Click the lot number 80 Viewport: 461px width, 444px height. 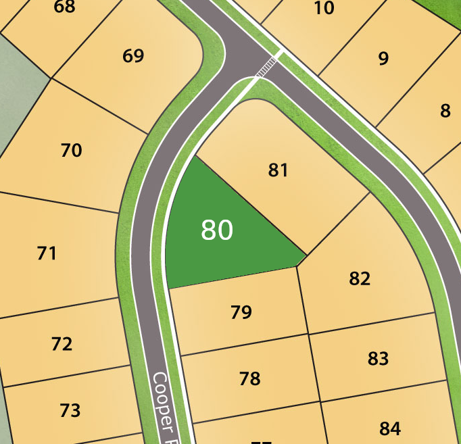[217, 230]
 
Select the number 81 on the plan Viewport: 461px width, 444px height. [278, 170]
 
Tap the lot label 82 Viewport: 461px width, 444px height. [360, 278]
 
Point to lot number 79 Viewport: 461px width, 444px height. [241, 312]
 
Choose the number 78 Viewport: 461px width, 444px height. [250, 378]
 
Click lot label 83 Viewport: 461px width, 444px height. [378, 358]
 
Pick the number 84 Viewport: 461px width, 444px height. [390, 428]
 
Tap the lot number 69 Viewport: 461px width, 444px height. [133, 55]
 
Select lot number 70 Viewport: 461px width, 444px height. [72, 150]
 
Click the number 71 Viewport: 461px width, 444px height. [47, 253]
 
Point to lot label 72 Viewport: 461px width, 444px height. [62, 344]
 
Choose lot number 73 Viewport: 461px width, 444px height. [70, 410]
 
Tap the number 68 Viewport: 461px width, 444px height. [64, 7]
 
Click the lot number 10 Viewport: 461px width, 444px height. [324, 8]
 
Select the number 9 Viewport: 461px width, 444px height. [384, 59]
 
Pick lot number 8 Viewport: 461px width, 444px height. [445, 111]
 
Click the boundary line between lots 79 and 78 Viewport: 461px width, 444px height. [243, 345]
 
